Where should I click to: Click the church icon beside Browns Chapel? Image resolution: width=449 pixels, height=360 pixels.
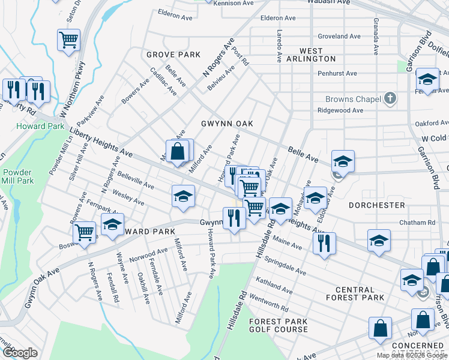[x=390, y=98]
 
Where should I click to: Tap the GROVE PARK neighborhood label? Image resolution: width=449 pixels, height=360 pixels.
[x=173, y=55]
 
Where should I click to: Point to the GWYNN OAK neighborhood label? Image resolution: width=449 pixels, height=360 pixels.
[x=227, y=124]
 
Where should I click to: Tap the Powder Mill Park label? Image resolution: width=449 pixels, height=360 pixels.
[x=17, y=176]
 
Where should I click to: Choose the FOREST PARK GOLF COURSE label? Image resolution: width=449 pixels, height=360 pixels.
[x=279, y=326]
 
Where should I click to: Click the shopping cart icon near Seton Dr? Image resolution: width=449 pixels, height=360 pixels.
[x=69, y=40]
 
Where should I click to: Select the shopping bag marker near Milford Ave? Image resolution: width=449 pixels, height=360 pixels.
[x=178, y=151]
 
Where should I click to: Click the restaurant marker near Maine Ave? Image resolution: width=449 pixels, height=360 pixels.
[x=324, y=243]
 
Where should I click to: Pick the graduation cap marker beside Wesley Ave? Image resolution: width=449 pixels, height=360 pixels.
[x=184, y=196]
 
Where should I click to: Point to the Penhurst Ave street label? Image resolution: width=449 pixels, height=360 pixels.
[x=337, y=74]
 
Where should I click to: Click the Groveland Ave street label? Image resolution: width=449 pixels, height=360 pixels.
[x=339, y=36]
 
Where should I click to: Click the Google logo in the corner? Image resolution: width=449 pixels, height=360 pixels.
[x=20, y=353]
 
